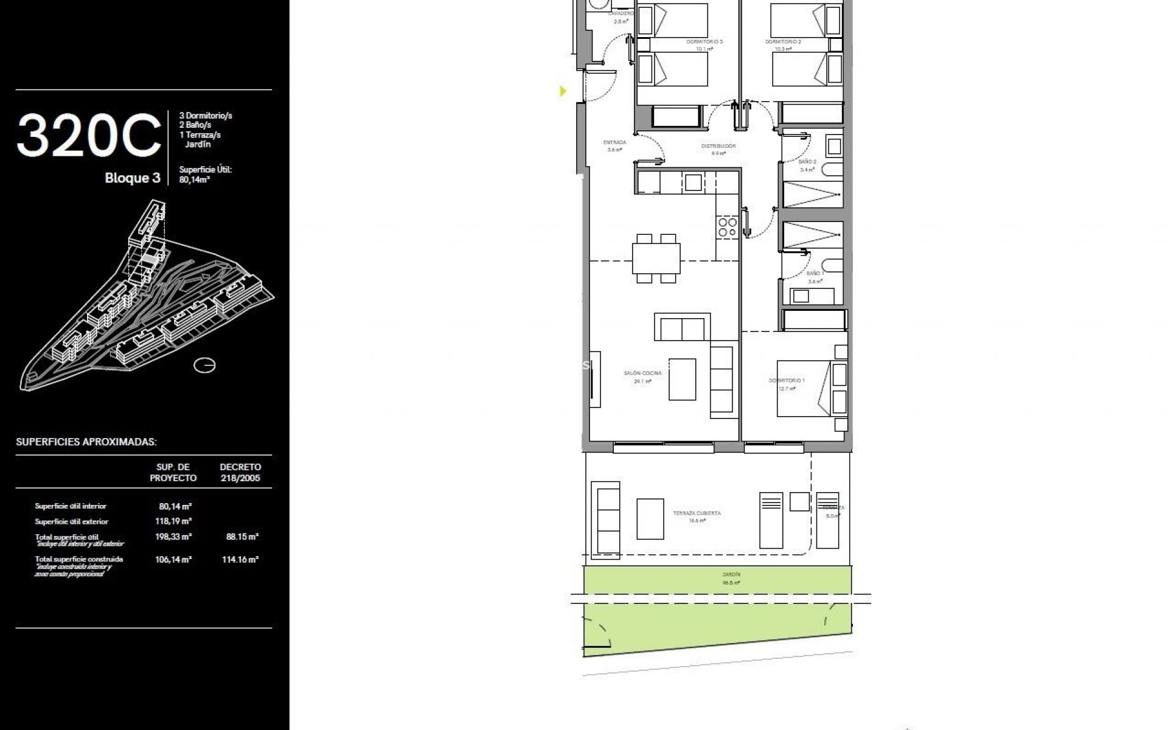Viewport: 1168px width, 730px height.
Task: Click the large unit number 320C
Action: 89,136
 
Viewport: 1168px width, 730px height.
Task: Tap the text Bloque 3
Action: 132,178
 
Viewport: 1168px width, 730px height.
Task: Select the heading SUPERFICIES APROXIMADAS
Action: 86,442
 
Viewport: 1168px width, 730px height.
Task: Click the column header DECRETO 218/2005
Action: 240,473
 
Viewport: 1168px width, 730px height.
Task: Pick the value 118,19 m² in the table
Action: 173,521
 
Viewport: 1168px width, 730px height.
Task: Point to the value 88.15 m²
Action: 242,537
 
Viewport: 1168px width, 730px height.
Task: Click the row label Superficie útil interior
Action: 71,506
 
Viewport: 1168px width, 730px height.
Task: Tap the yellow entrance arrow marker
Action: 563,91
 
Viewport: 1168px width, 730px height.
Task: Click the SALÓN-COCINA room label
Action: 642,374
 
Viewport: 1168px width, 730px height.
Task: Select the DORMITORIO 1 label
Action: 787,381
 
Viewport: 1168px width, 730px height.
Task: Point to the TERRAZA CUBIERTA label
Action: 697,513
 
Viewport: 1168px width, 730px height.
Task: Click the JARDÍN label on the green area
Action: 731,574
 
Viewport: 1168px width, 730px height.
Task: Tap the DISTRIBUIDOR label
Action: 718,147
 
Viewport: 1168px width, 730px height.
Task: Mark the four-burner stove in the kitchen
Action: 728,227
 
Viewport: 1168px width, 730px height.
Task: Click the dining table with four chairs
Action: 656,259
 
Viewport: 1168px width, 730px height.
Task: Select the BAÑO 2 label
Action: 807,162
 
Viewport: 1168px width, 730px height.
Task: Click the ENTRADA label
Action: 614,143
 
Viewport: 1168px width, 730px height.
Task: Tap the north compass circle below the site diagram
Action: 204,366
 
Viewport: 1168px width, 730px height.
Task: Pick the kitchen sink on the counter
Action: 693,182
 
